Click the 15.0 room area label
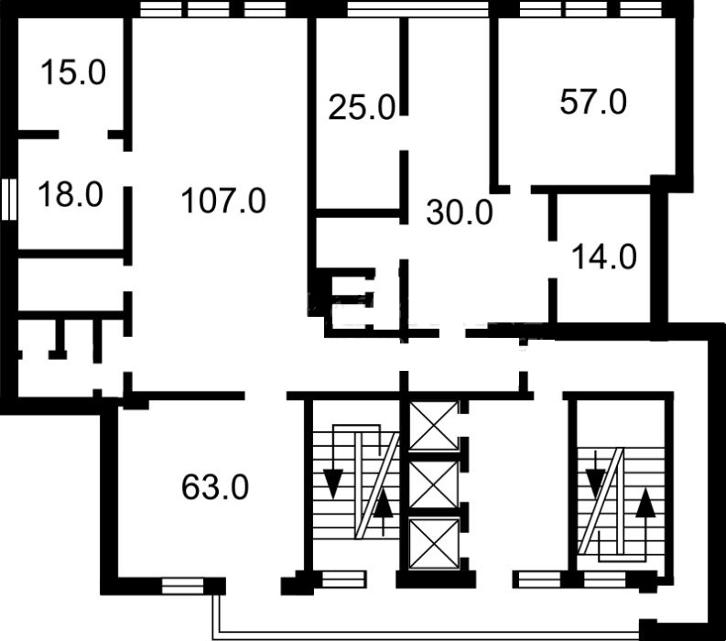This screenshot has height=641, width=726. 73,72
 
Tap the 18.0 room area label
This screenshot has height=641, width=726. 70,194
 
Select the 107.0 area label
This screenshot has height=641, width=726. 223,201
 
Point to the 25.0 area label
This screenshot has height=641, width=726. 362,107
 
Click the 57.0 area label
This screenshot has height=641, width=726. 593,102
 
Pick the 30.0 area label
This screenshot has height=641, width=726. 460,212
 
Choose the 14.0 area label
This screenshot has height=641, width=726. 604,257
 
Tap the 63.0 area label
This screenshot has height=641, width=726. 215,487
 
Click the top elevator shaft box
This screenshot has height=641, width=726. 433,426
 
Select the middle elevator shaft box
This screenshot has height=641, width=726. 433,484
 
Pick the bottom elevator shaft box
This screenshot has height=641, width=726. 433,544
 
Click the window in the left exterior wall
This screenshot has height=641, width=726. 9,199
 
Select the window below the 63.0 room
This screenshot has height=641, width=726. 182,586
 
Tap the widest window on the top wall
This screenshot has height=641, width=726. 417,9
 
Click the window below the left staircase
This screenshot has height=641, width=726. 343,579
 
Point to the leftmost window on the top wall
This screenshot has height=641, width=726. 160,9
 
